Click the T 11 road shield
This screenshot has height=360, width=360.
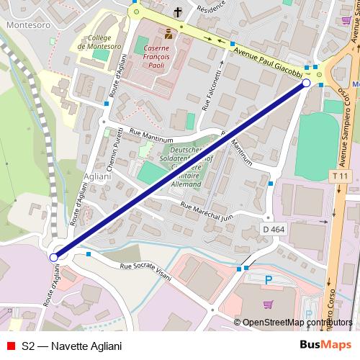340,176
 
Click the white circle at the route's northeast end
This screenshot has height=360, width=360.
306,84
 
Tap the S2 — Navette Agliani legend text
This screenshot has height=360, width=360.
72,346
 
